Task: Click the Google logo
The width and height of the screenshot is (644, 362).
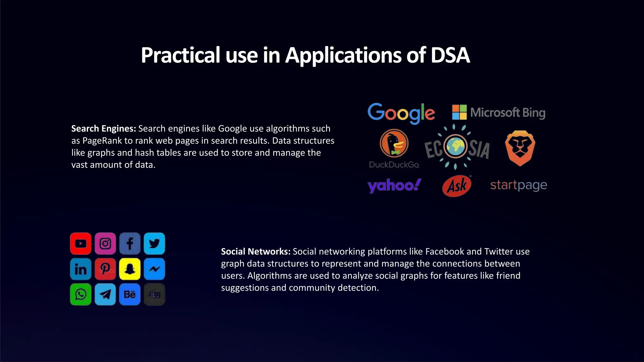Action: point(401,113)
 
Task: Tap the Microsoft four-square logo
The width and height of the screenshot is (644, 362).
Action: point(459,112)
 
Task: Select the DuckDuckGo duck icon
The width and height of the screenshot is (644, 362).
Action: point(394,143)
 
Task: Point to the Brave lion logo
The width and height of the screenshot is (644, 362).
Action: point(520,148)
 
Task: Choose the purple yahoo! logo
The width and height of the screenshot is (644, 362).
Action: point(394,185)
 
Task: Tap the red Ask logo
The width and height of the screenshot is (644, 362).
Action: point(457,186)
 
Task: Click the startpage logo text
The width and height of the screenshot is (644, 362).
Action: point(519,185)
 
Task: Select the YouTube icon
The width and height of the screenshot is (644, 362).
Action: point(81,244)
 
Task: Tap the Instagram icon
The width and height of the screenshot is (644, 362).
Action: point(105,244)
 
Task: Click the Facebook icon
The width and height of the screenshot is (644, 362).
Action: point(130,244)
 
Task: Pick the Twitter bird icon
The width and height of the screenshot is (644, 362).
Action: point(154,244)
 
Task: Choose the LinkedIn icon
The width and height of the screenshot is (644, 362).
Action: point(81,269)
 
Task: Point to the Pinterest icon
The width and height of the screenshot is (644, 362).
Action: point(105,269)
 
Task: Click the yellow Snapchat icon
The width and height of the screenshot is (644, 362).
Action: point(130,269)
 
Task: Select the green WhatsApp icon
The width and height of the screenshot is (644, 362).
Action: point(81,294)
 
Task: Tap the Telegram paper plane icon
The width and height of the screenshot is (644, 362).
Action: point(105,294)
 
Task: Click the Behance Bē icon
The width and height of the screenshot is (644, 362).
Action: point(130,294)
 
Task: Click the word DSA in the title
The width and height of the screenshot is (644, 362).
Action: point(450,55)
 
